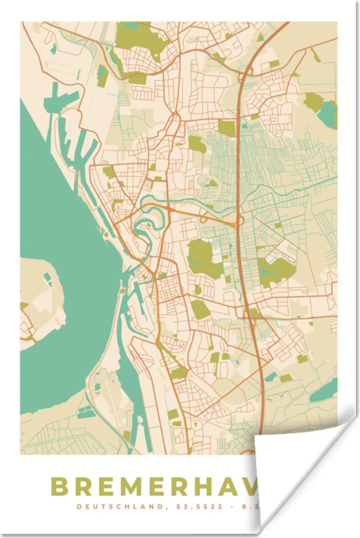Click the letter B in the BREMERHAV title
pyautogui.click(x=60, y=487)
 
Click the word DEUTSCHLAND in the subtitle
pyautogui.click(x=110, y=507)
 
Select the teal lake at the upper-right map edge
pyautogui.click(x=327, y=113)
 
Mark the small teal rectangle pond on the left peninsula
pyautogui.click(x=48, y=278)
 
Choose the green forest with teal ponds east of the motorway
pyautogui.click(x=275, y=271)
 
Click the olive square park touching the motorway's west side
pyautogui.click(x=227, y=128)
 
